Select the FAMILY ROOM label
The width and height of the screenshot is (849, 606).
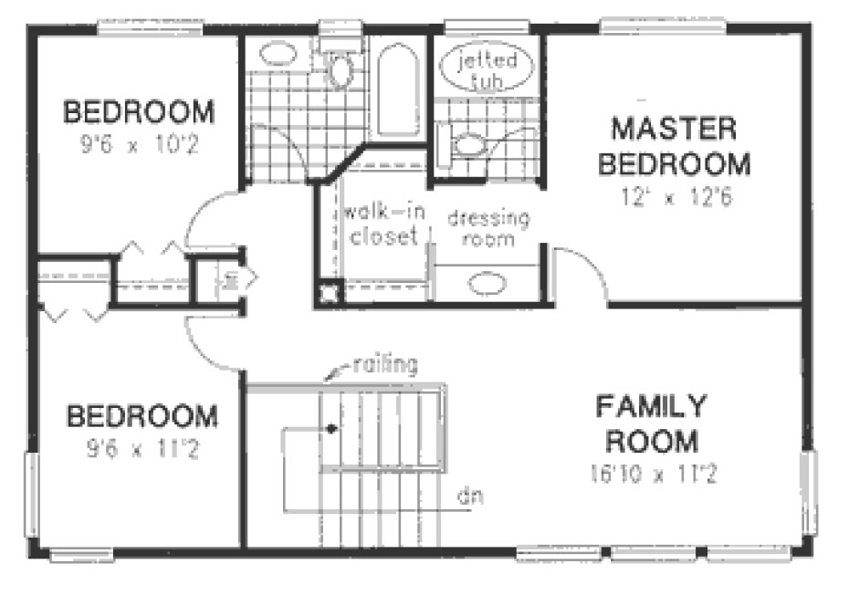[x=649, y=422]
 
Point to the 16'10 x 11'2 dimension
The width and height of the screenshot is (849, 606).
[x=649, y=473]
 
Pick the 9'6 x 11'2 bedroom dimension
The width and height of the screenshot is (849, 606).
[x=142, y=448]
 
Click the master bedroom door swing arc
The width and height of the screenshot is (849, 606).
[x=579, y=265]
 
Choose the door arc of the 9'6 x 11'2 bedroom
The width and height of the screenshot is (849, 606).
[x=205, y=342]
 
